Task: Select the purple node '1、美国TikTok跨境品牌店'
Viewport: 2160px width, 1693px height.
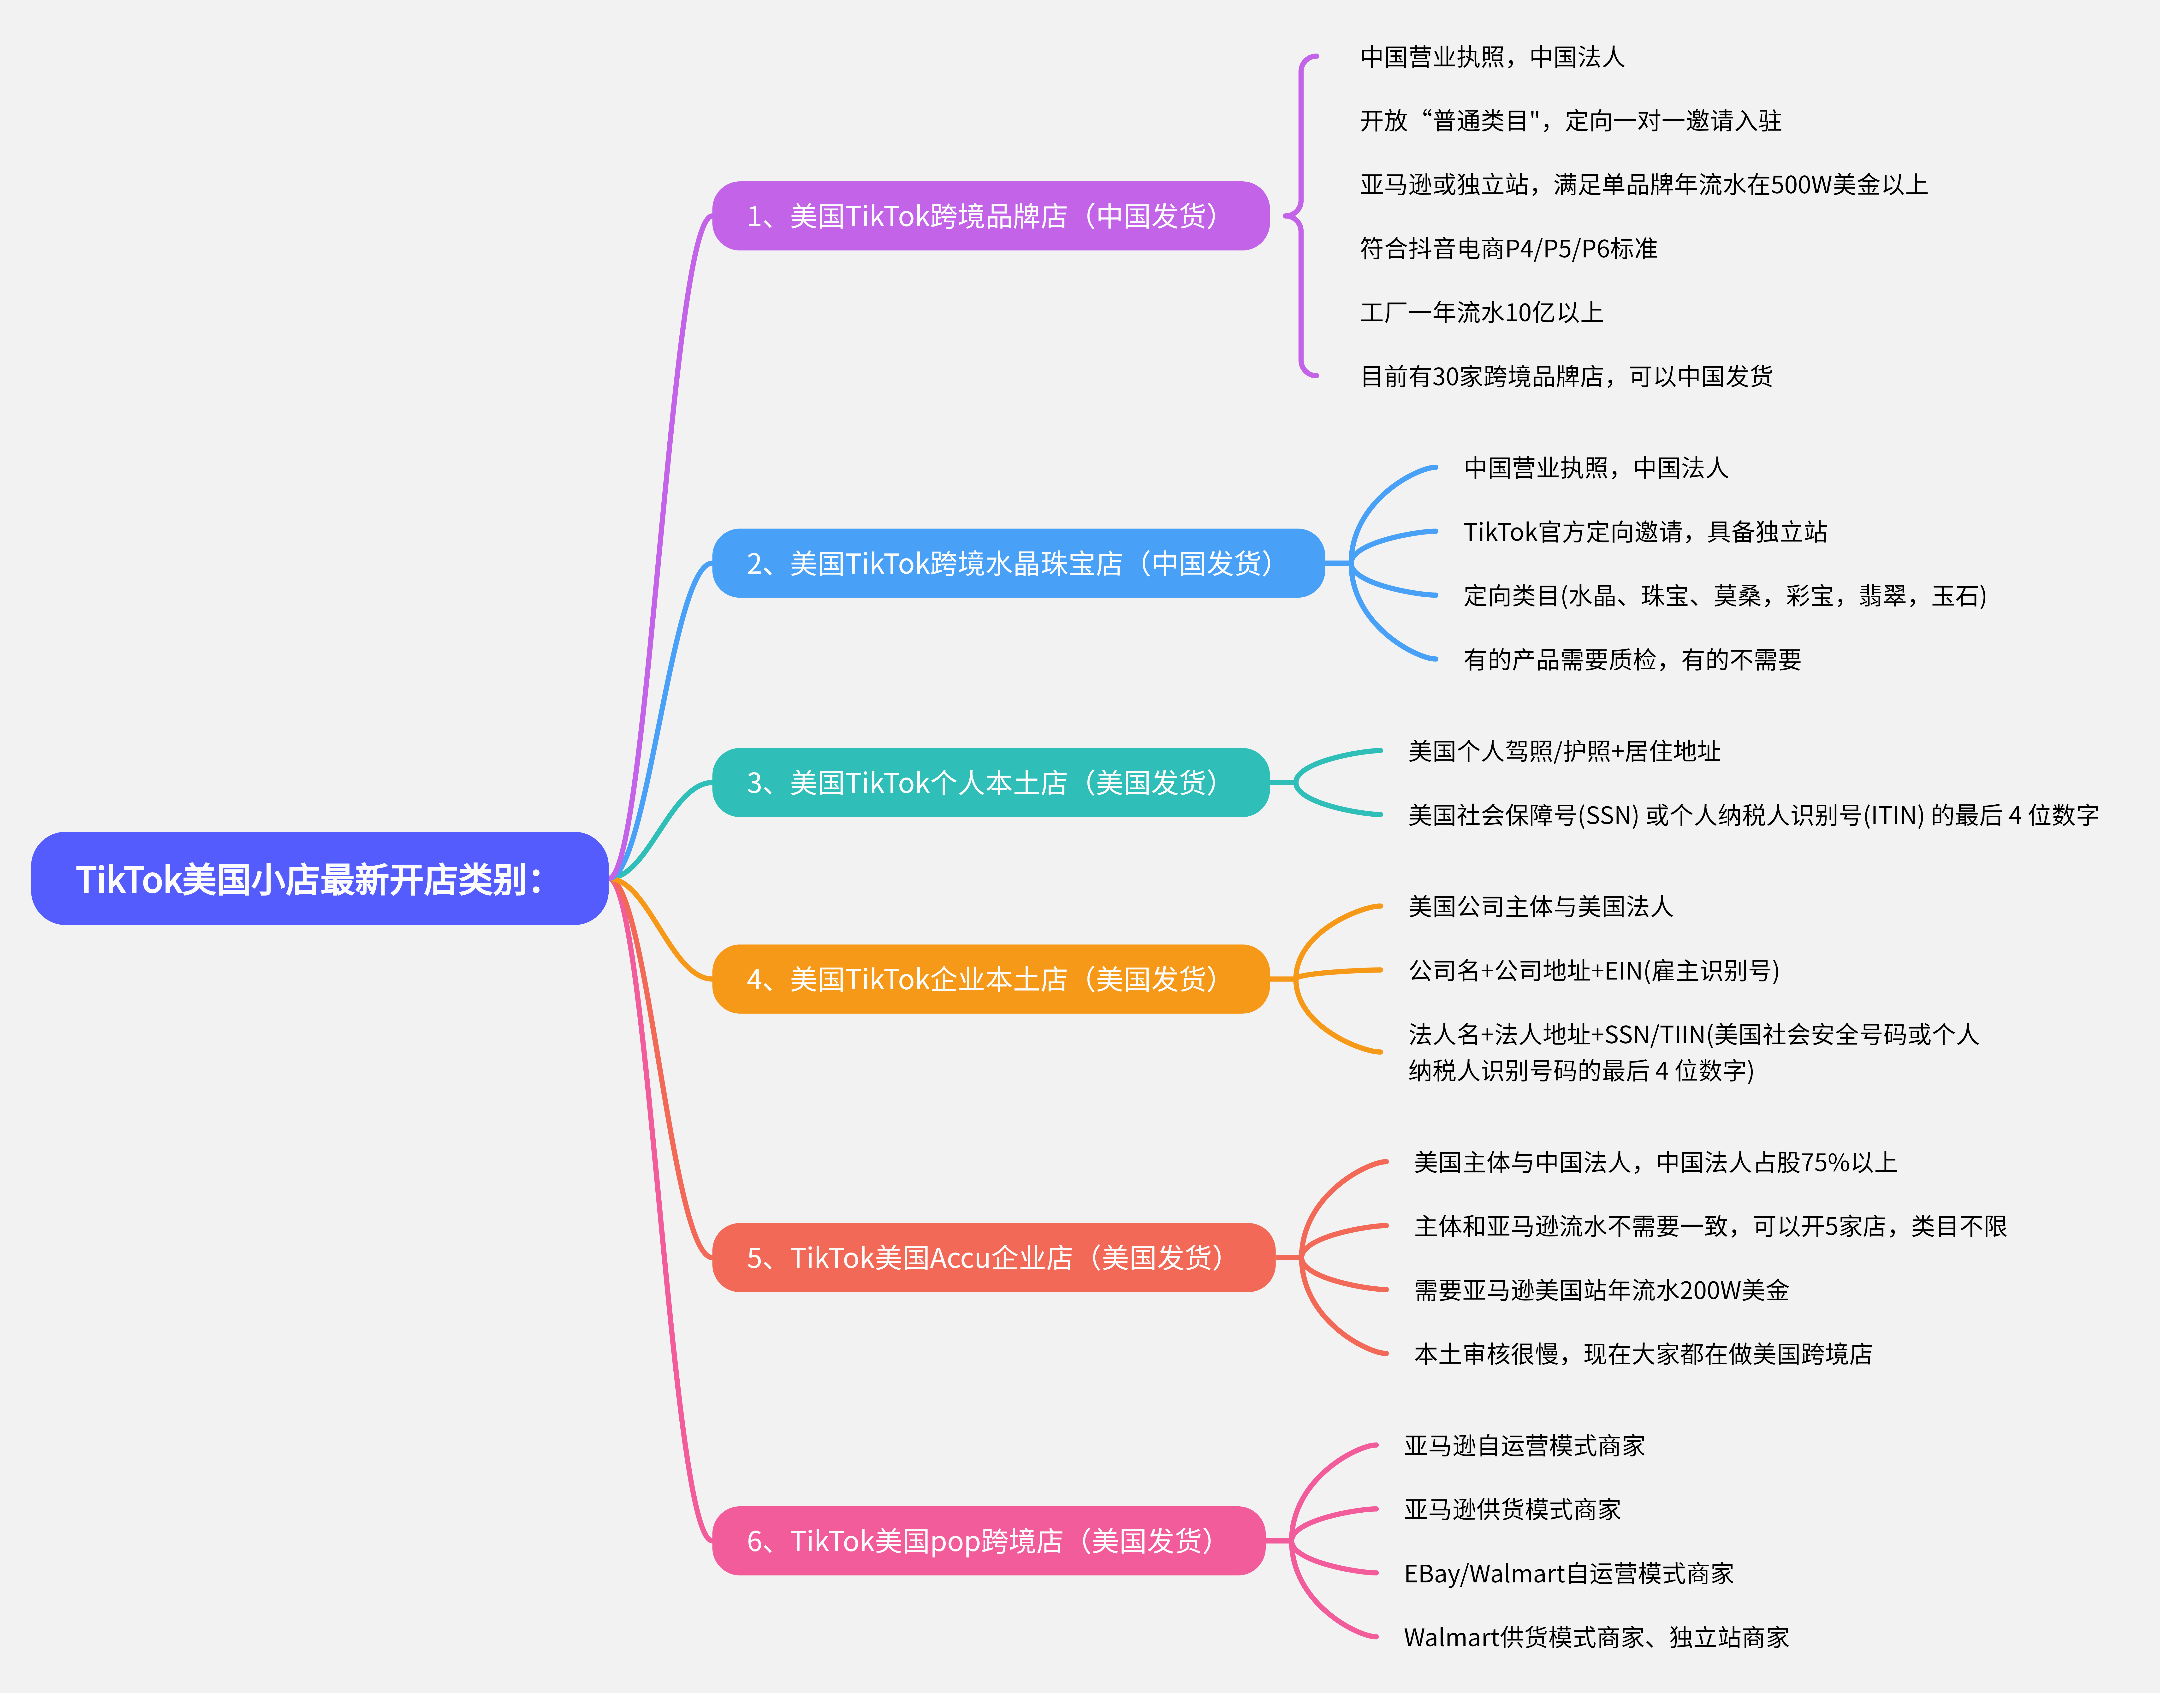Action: (990, 216)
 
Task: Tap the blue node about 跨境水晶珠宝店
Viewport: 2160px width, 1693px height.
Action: (1018, 563)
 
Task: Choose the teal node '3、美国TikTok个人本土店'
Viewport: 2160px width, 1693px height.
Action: (990, 782)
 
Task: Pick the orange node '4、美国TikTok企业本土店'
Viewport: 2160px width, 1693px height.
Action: (990, 978)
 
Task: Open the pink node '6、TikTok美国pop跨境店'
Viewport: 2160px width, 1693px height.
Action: (988, 1540)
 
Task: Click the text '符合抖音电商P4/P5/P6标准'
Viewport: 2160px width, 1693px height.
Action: (1508, 248)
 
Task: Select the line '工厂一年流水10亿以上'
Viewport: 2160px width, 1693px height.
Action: (1481, 312)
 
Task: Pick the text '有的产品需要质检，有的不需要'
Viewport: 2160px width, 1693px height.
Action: (1632, 659)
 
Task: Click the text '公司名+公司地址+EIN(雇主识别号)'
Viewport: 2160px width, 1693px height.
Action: (1593, 970)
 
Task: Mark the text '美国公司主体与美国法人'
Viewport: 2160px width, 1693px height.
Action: (1539, 906)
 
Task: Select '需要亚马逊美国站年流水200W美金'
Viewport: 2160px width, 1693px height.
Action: (1601, 1289)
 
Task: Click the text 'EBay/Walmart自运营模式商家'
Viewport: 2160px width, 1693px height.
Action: (1568, 1573)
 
